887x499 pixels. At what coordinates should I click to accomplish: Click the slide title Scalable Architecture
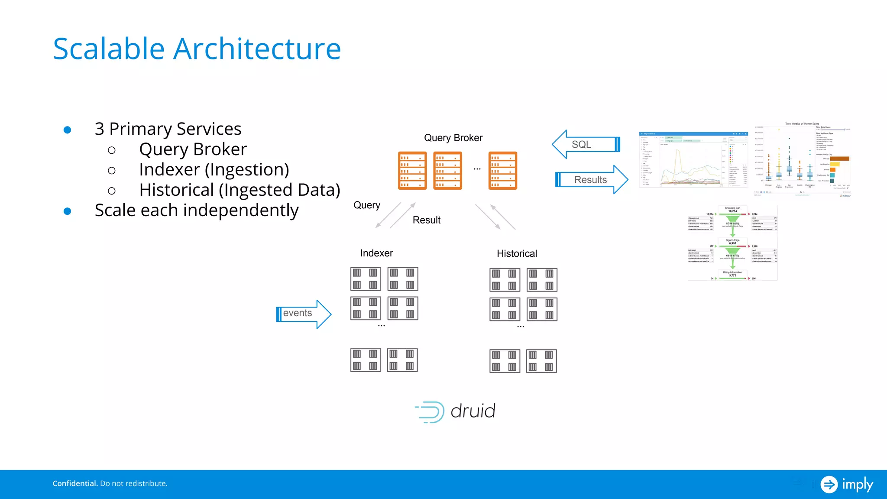(197, 49)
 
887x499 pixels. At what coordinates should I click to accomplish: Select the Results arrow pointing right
(591, 179)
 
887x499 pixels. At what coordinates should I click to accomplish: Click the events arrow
(303, 314)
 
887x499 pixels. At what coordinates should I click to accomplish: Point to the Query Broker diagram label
(453, 138)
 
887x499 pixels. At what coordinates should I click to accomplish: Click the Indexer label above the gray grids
(376, 253)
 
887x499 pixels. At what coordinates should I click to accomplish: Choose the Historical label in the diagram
(517, 253)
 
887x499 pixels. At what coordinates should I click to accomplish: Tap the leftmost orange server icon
(412, 170)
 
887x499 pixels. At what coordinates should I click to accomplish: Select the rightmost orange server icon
(502, 170)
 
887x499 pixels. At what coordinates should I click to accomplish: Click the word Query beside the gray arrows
(366, 205)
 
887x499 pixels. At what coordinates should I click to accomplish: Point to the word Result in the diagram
(426, 220)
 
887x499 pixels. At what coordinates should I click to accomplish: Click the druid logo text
(473, 411)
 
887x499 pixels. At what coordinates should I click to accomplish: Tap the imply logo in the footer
(847, 484)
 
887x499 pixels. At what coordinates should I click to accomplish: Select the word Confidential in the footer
(75, 483)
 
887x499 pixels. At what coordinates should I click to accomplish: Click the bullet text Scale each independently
(197, 211)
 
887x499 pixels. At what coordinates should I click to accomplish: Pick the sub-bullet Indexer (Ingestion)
(214, 170)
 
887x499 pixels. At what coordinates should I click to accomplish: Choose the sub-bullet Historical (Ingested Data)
(240, 190)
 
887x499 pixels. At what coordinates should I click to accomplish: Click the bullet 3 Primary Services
(168, 129)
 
